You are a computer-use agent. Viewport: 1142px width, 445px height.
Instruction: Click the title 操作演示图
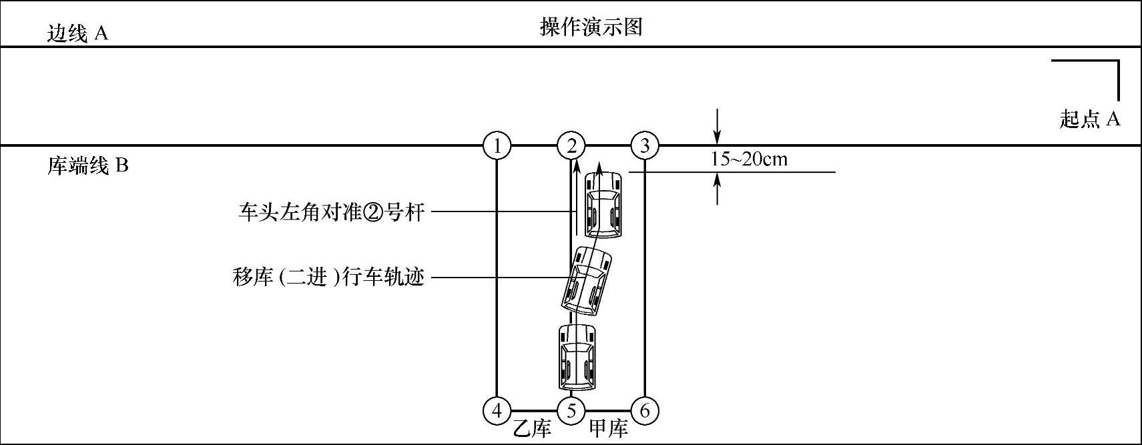tap(591, 27)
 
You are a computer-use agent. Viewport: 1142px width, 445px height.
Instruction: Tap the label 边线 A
tap(77, 33)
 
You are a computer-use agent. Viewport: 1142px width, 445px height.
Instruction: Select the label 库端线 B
tap(87, 165)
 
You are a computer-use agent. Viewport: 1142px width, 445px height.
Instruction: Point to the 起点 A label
tap(1089, 119)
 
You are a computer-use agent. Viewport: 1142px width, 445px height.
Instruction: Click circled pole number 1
tap(497, 145)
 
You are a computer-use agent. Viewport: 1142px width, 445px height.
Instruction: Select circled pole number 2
tap(571, 145)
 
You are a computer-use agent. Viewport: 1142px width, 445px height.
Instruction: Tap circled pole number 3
tap(645, 145)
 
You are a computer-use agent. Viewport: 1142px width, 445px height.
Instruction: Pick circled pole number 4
tap(497, 411)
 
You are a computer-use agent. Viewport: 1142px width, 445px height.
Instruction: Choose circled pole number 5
tap(571, 411)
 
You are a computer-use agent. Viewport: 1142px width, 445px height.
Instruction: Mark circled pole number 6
tap(645, 411)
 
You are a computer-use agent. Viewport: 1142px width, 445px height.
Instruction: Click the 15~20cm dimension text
tap(748, 159)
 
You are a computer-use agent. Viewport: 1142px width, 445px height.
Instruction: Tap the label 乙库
tap(532, 428)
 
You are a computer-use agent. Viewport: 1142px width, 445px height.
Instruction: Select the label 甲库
tap(609, 428)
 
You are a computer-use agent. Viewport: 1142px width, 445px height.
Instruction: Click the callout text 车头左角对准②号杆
tap(331, 213)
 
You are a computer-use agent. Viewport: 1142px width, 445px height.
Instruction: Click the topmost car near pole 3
tap(603, 204)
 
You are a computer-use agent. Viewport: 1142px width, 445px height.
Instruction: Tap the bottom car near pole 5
tap(577, 357)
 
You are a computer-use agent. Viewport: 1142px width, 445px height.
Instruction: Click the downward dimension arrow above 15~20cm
tap(717, 127)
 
